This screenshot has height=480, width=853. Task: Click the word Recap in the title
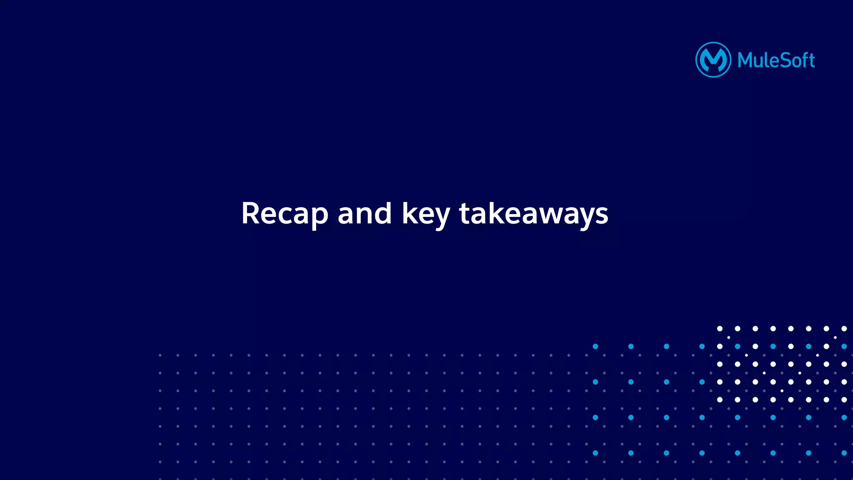tap(284, 214)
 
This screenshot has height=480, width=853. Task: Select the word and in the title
tap(364, 214)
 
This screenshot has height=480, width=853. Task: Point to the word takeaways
tap(534, 214)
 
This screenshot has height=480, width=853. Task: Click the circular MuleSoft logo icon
tap(713, 60)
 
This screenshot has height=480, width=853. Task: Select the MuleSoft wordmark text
tap(776, 60)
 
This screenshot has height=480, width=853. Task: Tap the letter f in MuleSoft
tap(802, 60)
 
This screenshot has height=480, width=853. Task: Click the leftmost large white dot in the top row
tap(720, 328)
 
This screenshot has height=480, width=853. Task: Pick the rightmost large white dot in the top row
tap(844, 328)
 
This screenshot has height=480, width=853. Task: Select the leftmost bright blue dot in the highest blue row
tap(595, 346)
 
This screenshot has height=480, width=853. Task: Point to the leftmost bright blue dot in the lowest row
tap(595, 453)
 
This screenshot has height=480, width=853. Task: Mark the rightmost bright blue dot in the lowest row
tap(844, 453)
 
